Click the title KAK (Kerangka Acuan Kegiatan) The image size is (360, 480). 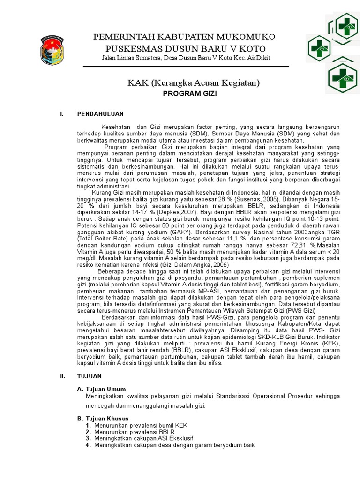point(194,83)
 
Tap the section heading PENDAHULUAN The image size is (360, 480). point(100,114)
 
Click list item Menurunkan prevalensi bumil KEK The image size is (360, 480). point(141,425)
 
